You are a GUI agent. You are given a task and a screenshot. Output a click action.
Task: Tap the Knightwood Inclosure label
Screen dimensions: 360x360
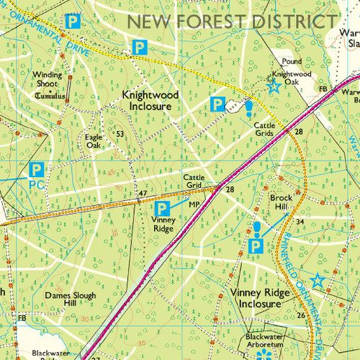point(147,100)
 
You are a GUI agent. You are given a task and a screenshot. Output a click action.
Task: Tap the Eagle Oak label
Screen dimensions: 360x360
point(94,140)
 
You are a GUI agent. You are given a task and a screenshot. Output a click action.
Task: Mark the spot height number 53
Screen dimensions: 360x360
point(120,134)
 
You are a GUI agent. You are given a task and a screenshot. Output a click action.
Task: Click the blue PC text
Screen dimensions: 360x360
point(37,184)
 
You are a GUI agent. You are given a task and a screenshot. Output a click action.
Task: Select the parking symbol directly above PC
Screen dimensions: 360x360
point(37,171)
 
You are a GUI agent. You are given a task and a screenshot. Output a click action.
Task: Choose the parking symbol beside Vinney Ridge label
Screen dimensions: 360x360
point(163,208)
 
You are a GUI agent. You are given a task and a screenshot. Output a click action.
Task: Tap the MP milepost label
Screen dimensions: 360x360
point(193,204)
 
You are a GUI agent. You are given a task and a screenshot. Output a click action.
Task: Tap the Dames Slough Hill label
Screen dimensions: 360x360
point(70,299)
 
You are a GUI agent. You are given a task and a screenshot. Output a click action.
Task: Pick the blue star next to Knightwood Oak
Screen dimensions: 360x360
point(273,88)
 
